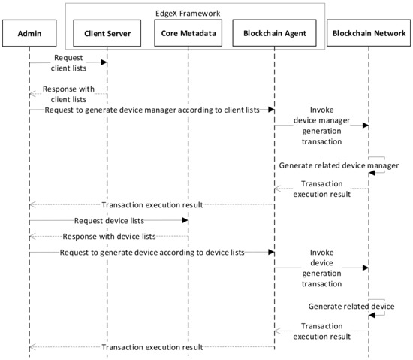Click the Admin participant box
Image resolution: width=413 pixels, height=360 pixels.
coord(29,34)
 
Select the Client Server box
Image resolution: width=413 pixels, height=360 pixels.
coord(107,34)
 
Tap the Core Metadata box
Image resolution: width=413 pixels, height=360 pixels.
coord(188,34)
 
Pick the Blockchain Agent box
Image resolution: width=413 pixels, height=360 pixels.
coord(274,34)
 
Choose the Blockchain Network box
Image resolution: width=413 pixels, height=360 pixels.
coord(368,34)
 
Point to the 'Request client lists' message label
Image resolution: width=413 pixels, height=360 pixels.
coord(68,62)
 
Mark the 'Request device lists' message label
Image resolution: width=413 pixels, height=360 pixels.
coord(109,221)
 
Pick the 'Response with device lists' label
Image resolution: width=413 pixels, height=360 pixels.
coord(109,236)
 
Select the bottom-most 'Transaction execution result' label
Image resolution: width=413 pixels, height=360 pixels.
coord(152,347)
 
